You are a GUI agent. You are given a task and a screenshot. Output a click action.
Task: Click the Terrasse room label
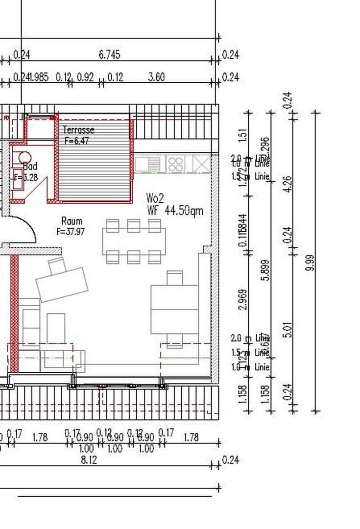78,130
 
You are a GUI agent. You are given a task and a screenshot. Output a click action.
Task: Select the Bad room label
30,167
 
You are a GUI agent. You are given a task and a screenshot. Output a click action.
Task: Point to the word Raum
72,221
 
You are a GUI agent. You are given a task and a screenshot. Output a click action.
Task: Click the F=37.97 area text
71,232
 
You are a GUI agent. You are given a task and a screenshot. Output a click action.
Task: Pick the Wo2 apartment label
156,198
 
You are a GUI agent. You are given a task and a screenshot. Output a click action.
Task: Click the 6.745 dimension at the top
109,54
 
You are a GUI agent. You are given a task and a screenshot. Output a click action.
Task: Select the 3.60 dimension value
156,77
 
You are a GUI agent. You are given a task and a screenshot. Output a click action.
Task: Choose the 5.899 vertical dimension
266,269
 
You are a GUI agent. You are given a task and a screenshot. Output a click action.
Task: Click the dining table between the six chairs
134,241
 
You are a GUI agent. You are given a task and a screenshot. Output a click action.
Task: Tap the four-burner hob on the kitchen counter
175,164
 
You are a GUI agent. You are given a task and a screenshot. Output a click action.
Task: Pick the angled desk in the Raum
62,284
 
